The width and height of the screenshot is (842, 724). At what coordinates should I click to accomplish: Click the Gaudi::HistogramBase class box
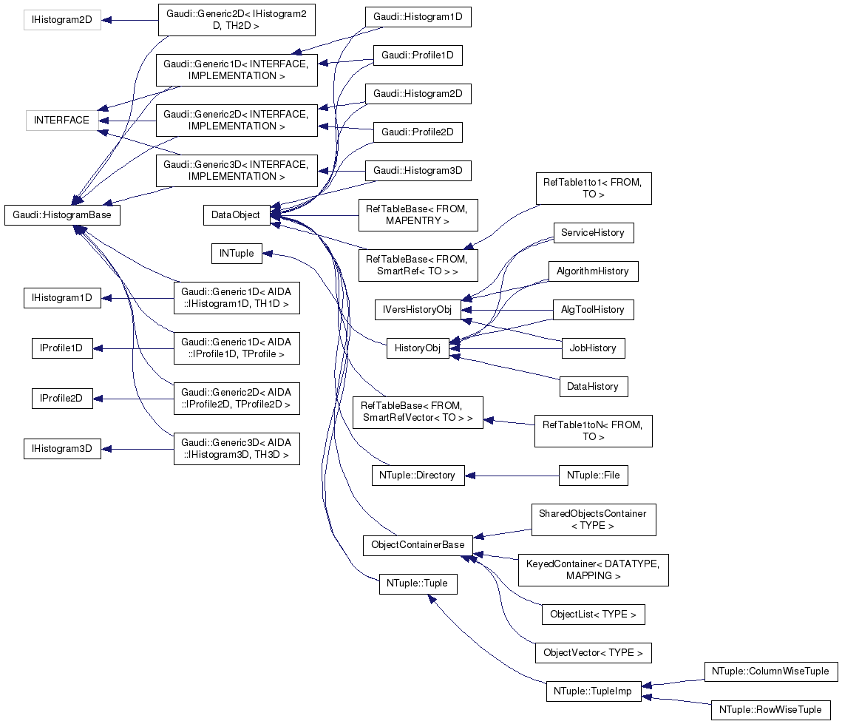pyautogui.click(x=62, y=215)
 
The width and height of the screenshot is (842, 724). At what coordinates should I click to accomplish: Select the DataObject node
pyautogui.click(x=236, y=215)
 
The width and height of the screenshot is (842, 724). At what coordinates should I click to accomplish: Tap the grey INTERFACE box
pyautogui.click(x=61, y=121)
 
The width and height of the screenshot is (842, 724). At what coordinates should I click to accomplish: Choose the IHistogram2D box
pyautogui.click(x=61, y=20)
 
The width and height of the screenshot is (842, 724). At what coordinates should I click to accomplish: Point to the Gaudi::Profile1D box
pyautogui.click(x=418, y=55)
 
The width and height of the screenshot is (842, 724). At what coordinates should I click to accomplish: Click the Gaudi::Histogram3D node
pyautogui.click(x=418, y=171)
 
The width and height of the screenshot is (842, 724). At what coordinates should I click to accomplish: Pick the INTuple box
pyautogui.click(x=237, y=254)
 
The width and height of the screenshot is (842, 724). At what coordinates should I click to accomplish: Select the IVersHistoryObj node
pyautogui.click(x=418, y=310)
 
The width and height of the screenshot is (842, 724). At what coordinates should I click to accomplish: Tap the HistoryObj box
pyautogui.click(x=418, y=348)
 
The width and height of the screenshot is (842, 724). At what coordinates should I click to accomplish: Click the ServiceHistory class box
pyautogui.click(x=593, y=233)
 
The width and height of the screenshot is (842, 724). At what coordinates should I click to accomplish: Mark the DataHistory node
pyautogui.click(x=593, y=387)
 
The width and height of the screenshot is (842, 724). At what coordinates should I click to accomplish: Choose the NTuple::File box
pyautogui.click(x=593, y=476)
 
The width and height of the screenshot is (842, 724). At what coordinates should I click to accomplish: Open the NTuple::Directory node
pyautogui.click(x=418, y=476)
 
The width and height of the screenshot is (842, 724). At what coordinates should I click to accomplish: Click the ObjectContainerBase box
pyautogui.click(x=418, y=546)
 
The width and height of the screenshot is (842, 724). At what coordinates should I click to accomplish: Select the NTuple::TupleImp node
pyautogui.click(x=593, y=691)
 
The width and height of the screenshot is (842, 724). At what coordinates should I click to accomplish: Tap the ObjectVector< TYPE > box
pyautogui.click(x=593, y=653)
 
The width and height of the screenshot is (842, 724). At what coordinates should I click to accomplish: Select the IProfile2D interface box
pyautogui.click(x=61, y=399)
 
